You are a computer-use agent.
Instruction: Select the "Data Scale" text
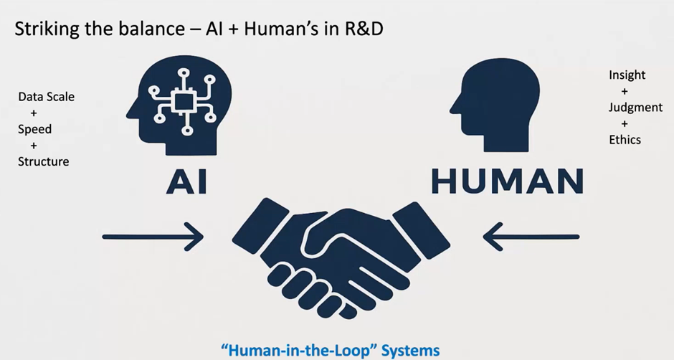pyautogui.click(x=46, y=97)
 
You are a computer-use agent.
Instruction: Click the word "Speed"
pyautogui.click(x=35, y=130)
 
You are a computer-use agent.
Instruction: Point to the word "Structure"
pyautogui.click(x=44, y=162)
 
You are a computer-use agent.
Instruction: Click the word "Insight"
pyautogui.click(x=627, y=75)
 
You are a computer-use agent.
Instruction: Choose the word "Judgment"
pyautogui.click(x=635, y=108)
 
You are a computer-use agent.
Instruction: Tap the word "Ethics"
pyautogui.click(x=625, y=140)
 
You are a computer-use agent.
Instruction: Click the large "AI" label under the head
pyautogui.click(x=186, y=182)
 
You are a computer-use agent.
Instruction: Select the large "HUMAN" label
pyautogui.click(x=507, y=181)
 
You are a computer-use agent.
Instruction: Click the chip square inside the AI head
pyautogui.click(x=184, y=102)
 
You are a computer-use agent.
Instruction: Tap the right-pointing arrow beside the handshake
pyautogui.click(x=153, y=237)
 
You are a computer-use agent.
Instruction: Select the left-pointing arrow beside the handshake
pyautogui.click(x=531, y=237)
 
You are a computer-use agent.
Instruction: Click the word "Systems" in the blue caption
pyautogui.click(x=411, y=350)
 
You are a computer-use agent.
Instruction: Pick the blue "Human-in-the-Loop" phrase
pyautogui.click(x=299, y=350)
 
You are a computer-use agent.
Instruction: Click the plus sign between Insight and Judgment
pyautogui.click(x=625, y=91)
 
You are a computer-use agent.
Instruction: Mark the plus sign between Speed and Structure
pyautogui.click(x=34, y=146)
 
